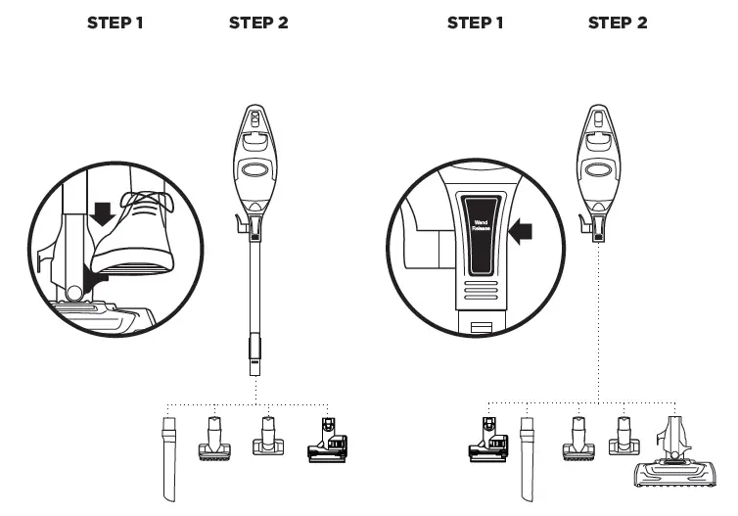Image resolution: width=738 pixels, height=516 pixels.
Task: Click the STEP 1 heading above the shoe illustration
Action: pyautogui.click(x=115, y=23)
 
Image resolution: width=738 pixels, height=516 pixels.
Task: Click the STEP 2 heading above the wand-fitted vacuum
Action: pyautogui.click(x=258, y=23)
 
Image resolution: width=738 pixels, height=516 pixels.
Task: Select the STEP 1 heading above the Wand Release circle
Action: pyautogui.click(x=475, y=23)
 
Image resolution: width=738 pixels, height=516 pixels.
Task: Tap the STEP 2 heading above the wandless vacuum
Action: pyautogui.click(x=618, y=23)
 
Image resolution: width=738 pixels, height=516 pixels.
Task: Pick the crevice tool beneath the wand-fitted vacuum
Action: pyautogui.click(x=166, y=455)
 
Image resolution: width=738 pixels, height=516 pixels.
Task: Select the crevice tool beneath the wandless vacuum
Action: pyautogui.click(x=530, y=455)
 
